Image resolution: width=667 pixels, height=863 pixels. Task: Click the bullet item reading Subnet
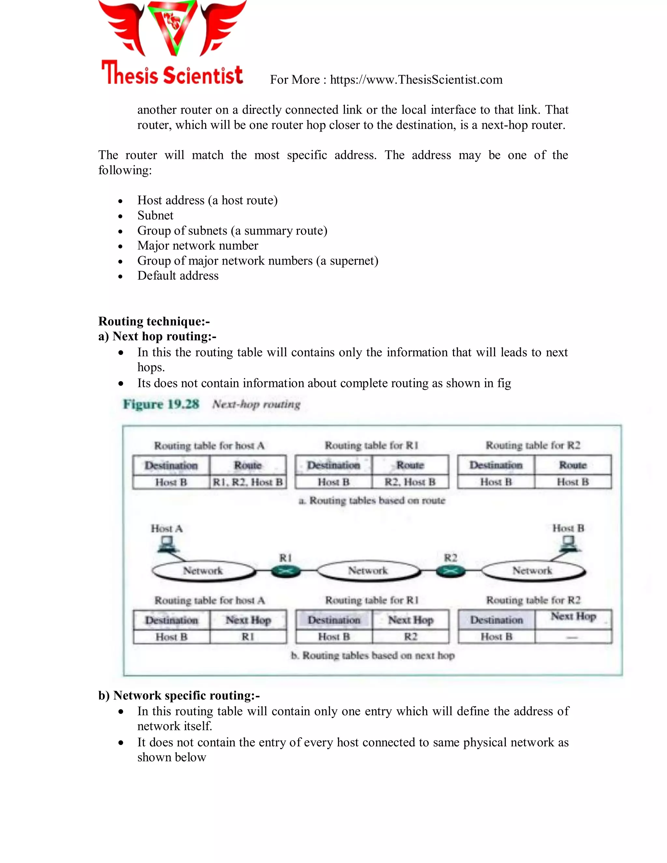click(x=155, y=215)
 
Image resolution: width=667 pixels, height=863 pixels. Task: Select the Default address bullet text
click(x=178, y=276)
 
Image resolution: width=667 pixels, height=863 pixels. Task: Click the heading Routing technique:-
click(x=154, y=321)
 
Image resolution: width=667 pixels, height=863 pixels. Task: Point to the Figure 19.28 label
click(x=161, y=404)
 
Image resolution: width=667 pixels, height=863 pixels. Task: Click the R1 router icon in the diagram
click(x=286, y=571)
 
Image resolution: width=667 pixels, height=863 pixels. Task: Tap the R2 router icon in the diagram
click(x=450, y=571)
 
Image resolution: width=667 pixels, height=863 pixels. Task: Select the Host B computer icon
click(x=569, y=544)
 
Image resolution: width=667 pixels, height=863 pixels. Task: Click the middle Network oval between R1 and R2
click(x=368, y=571)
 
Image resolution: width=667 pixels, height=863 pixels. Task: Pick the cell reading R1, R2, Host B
click(x=248, y=482)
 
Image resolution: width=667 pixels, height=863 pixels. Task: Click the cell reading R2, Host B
click(x=410, y=482)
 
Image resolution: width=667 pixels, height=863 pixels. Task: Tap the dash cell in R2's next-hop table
click(x=573, y=637)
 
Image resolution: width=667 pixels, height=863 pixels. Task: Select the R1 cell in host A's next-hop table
click(x=248, y=637)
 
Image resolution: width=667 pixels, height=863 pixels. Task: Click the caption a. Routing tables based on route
click(x=372, y=501)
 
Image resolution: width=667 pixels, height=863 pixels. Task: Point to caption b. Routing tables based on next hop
click(x=373, y=656)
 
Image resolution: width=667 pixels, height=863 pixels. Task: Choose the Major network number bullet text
click(x=198, y=246)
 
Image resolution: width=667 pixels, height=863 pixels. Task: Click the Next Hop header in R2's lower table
click(x=573, y=617)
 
